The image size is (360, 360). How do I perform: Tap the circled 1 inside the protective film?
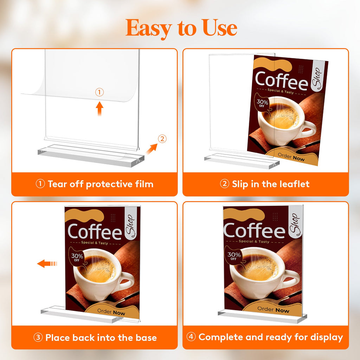100,92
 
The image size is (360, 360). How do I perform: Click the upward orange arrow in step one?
100,109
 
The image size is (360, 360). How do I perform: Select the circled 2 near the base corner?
161,139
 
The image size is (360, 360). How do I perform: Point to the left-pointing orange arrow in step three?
47,263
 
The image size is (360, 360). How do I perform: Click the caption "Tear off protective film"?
95,184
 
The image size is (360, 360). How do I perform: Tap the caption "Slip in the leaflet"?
265,184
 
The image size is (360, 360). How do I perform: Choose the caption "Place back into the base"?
95,338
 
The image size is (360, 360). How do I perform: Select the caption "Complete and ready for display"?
265,337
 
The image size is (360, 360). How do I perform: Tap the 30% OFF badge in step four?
234,256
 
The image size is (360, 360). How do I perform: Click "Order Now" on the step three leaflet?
111,312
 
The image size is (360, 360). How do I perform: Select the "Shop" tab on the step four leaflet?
295,223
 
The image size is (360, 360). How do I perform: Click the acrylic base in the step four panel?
262,317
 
